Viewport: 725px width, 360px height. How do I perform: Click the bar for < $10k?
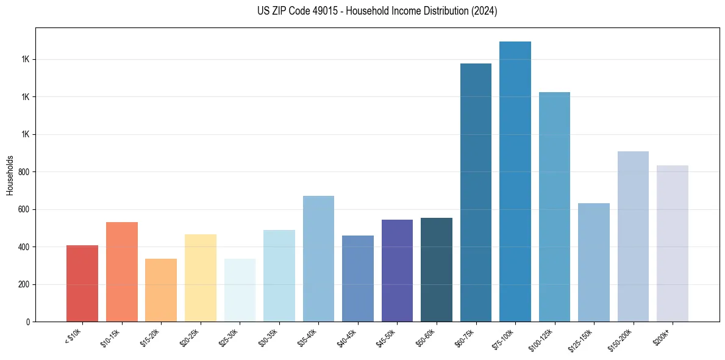point(82,283)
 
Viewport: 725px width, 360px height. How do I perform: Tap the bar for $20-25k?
point(201,278)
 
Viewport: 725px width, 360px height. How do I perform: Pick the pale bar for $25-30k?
point(240,290)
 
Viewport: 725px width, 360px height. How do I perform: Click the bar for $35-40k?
point(318,259)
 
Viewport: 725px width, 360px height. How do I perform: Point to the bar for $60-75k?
point(476,192)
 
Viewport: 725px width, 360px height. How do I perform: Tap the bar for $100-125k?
point(554,207)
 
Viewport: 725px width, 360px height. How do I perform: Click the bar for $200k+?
point(673,243)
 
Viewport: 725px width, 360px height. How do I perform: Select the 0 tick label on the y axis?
point(28,322)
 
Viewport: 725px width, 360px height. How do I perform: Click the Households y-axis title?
point(10,175)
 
